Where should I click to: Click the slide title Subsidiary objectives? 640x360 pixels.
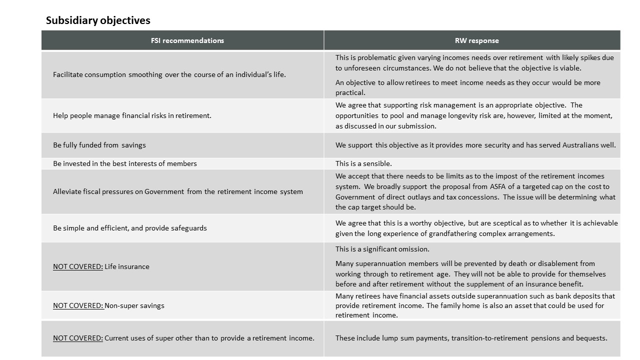98,20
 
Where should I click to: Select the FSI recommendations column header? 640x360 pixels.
187,40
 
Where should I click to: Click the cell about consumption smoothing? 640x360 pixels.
169,75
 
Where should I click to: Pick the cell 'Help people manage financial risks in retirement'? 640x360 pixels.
132,115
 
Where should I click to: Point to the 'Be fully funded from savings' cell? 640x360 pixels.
99,145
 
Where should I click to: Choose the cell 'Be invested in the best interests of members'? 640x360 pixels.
124,163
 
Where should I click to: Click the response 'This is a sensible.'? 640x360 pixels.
363,163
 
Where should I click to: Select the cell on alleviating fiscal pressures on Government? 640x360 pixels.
177,191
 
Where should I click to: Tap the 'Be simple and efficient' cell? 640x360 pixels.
129,228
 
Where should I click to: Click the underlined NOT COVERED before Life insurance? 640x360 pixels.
77,266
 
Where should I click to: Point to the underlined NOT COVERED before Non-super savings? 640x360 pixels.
77,305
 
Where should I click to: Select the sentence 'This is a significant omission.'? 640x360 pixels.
382,249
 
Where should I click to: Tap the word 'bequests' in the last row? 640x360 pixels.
592,338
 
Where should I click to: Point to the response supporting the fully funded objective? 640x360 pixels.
475,145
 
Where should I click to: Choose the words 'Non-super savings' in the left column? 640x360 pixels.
134,305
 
